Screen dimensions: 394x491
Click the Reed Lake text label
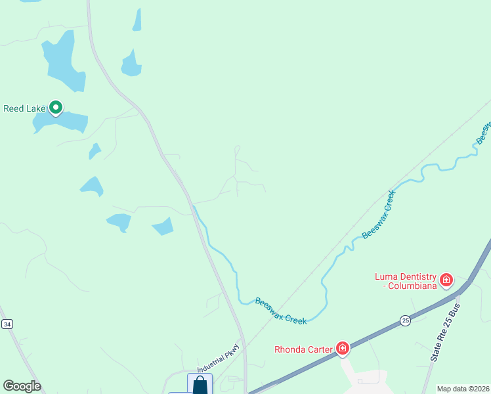pyautogui.click(x=24, y=108)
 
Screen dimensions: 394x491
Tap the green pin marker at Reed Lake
pyautogui.click(x=56, y=106)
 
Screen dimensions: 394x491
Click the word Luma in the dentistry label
pyautogui.click(x=387, y=276)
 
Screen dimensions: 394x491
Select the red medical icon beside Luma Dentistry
pyautogui.click(x=446, y=280)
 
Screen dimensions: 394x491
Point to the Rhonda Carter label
pyautogui.click(x=303, y=349)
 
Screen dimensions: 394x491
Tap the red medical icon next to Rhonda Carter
pyautogui.click(x=342, y=348)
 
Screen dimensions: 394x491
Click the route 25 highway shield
pyautogui.click(x=405, y=320)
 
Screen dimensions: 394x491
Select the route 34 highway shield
pyautogui.click(x=7, y=324)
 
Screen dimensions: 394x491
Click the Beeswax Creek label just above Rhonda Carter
pyautogui.click(x=281, y=311)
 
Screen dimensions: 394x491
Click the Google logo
pyautogui.click(x=22, y=386)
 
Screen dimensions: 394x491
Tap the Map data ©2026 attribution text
pyautogui.click(x=463, y=389)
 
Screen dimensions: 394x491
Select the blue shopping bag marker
pyautogui.click(x=200, y=385)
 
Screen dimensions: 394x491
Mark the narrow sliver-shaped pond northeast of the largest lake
pyautogui.click(x=137, y=20)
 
